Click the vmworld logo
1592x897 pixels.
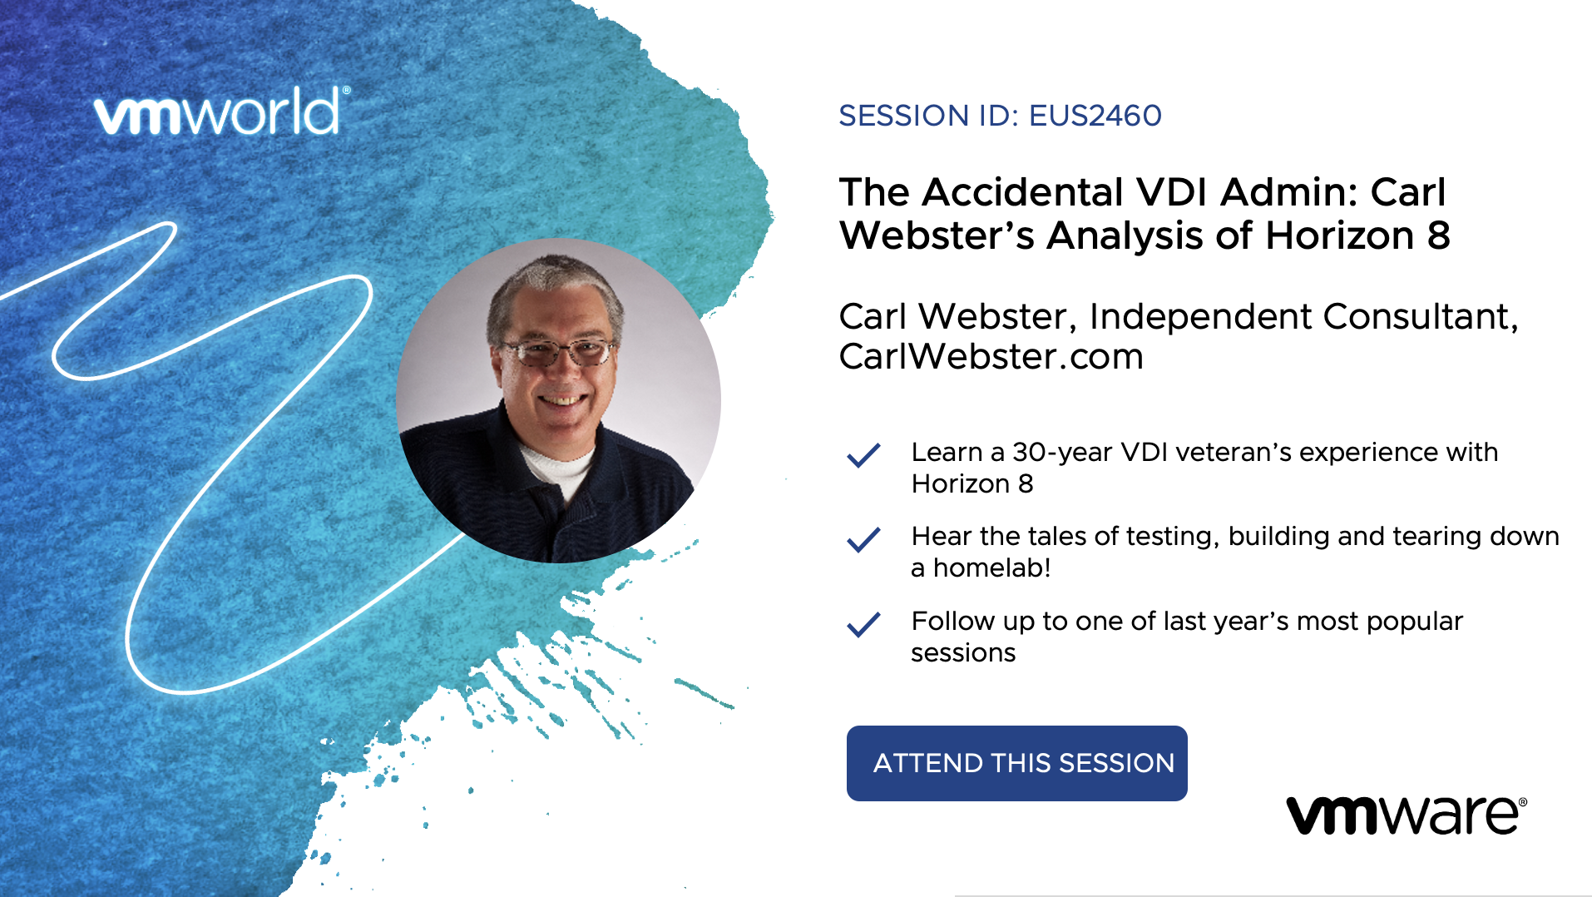click(222, 112)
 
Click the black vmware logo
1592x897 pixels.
click(1407, 815)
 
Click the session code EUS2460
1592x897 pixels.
click(1095, 116)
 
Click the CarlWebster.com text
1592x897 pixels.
click(991, 356)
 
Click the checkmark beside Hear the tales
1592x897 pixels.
click(863, 539)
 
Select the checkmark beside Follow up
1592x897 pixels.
click(863, 624)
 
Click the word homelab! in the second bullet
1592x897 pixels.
click(991, 567)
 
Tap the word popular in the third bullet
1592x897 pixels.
click(1414, 622)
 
